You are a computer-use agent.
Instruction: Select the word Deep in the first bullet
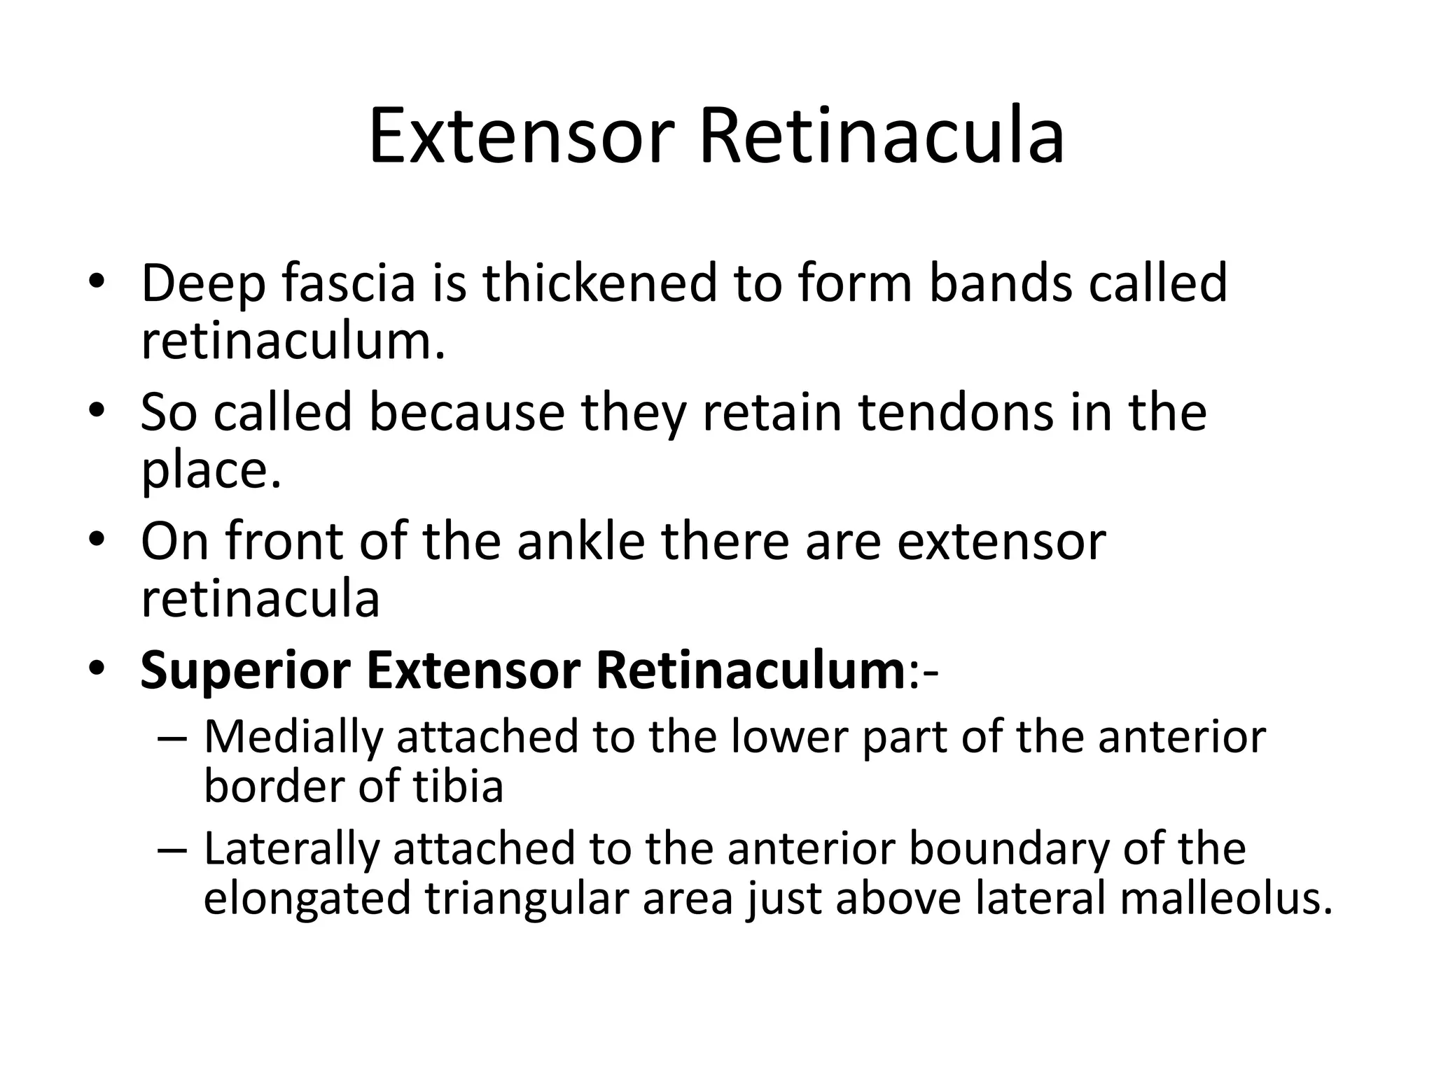(203, 283)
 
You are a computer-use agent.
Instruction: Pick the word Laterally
(292, 849)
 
